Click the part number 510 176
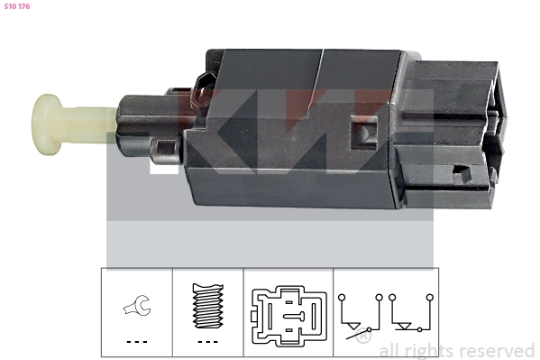pyautogui.click(x=17, y=6)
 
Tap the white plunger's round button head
pyautogui.click(x=46, y=125)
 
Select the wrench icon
pyautogui.click(x=137, y=305)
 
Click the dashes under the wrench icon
pyautogui.click(x=137, y=342)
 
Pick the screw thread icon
pyautogui.click(x=207, y=306)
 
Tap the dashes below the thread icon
pyautogui.click(x=207, y=342)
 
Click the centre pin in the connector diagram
pyautogui.click(x=293, y=315)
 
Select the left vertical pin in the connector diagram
pyautogui.click(x=270, y=316)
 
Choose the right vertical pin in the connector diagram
pyautogui.click(x=314, y=316)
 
